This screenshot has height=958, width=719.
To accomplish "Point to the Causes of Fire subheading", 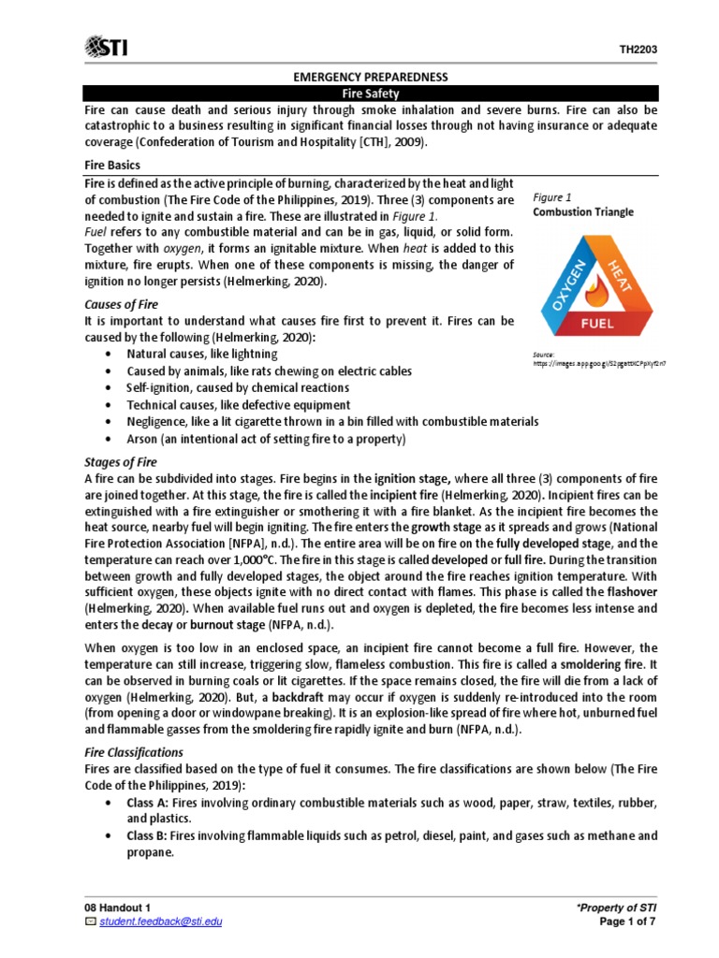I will (121, 304).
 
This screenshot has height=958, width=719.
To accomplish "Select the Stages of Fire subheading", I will (121, 462).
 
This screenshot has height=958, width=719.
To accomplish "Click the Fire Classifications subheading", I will (134, 751).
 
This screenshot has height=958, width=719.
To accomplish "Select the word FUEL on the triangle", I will (597, 325).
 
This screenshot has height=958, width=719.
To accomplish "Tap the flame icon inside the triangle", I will (597, 289).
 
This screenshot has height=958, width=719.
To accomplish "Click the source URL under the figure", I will (603, 361).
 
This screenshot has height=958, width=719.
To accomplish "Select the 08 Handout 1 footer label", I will (117, 907).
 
